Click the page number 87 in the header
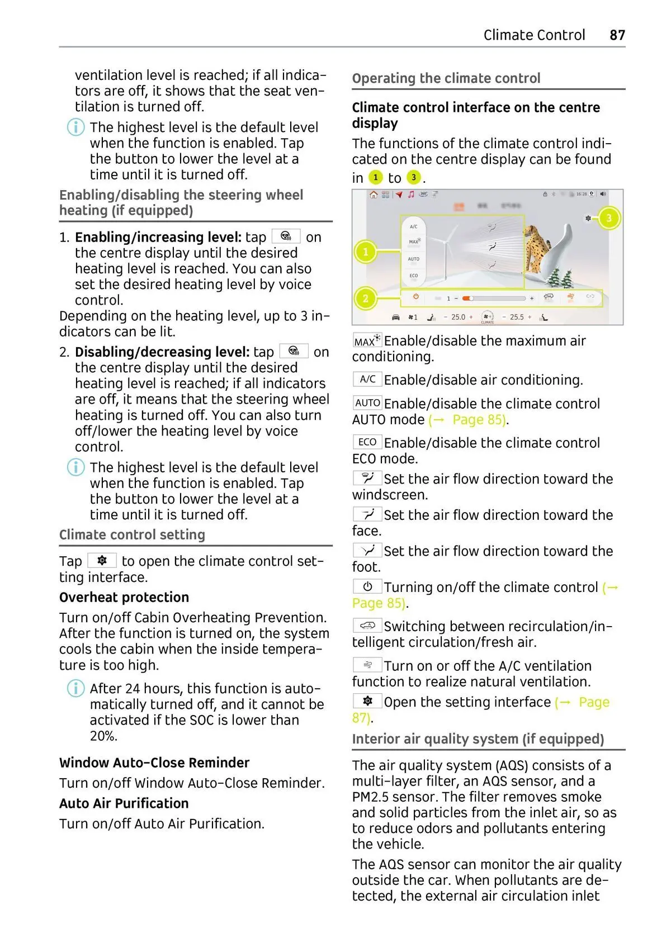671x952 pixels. pos(617,35)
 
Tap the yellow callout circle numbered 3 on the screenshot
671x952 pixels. pos(609,218)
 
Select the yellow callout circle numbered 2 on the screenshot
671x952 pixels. pos(366,298)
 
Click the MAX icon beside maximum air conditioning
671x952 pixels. pos(367,340)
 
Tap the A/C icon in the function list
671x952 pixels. pos(367,380)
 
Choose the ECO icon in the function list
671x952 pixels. pos(367,442)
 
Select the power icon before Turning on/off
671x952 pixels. pos(367,586)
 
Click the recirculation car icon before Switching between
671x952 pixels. pos(367,626)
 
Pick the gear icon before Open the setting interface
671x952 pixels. pos(367,701)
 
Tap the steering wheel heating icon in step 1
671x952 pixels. pos(286,236)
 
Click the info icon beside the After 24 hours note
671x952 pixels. pos(75,688)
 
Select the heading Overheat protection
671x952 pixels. pos(124,597)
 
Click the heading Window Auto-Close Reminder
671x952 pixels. pos(154,762)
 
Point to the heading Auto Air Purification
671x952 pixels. pos(124,803)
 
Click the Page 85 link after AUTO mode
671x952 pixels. pos(478,420)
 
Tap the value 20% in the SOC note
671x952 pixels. pos(103,736)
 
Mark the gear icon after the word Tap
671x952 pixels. pos(102,560)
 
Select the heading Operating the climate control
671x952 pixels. pos(446,78)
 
